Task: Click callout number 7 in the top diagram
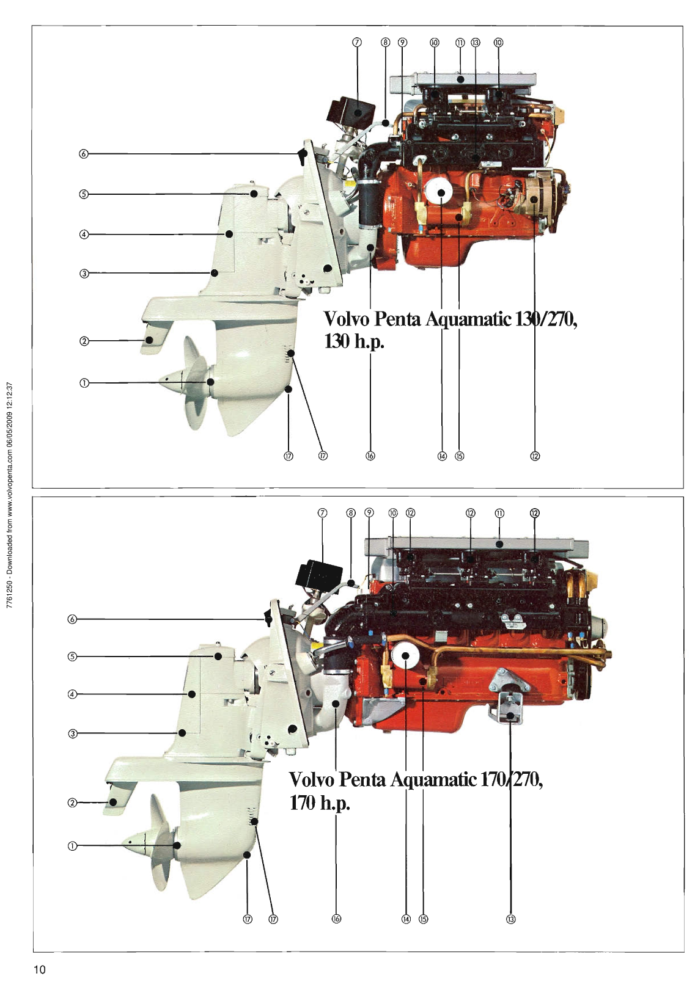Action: tap(358, 42)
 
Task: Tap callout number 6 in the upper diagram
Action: tap(84, 153)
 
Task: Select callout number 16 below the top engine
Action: tap(370, 456)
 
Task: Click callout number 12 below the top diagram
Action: tap(535, 456)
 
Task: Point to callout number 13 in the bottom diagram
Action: tap(511, 919)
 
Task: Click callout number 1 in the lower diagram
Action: tap(73, 846)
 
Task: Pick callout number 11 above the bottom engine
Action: tap(499, 513)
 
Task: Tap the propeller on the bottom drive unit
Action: tap(156, 846)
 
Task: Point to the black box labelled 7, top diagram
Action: tap(351, 111)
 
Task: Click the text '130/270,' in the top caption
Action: tap(546, 319)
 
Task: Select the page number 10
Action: tap(40, 970)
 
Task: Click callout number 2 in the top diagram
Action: tap(84, 341)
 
